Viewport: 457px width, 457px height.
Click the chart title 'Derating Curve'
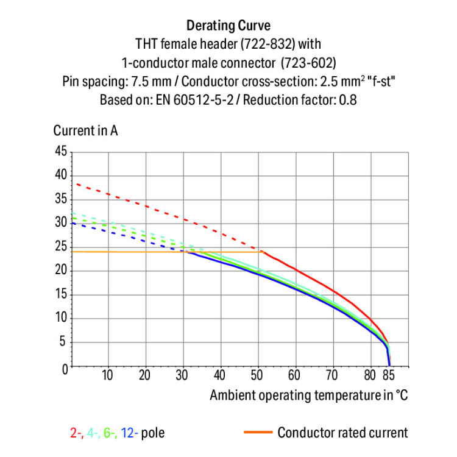point(228,26)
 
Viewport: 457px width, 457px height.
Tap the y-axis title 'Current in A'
point(85,131)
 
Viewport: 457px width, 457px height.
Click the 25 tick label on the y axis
point(60,247)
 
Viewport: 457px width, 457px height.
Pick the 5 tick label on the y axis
point(63,342)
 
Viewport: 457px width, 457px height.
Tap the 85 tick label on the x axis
point(388,375)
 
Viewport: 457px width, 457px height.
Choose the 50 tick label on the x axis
point(258,375)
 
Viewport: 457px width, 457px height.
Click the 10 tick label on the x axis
point(108,375)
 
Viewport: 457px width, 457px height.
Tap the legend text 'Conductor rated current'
point(342,433)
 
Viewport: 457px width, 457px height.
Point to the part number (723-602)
point(308,63)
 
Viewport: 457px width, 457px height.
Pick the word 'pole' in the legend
point(152,433)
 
